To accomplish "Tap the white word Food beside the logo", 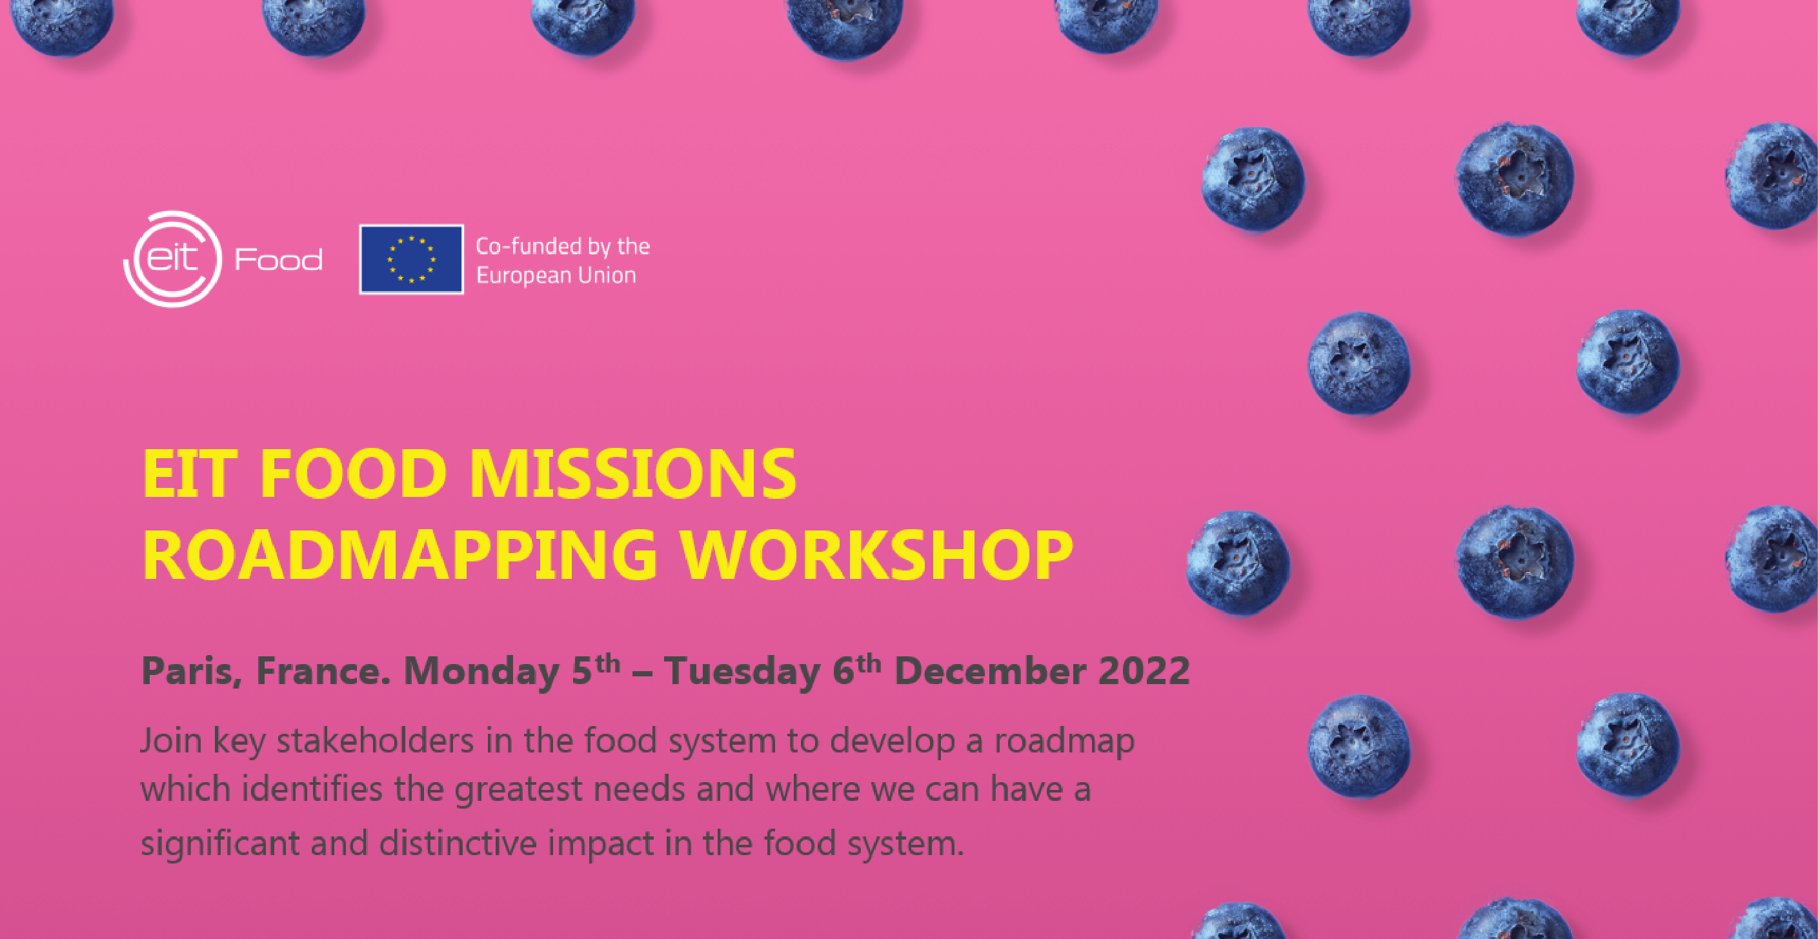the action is [279, 259].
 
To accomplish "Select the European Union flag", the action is [412, 259].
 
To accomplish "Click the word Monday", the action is [481, 672].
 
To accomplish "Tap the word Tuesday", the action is [740, 672].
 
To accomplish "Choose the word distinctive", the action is [458, 843].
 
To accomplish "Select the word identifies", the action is [312, 788].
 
